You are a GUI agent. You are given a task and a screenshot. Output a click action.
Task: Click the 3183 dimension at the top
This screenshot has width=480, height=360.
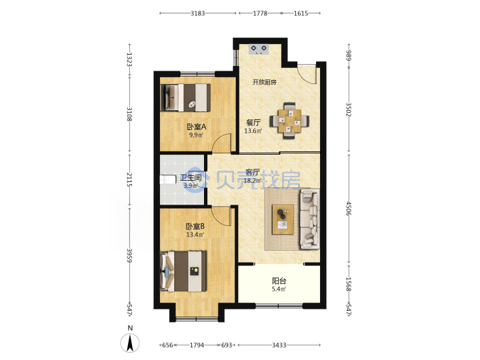[x=198, y=13]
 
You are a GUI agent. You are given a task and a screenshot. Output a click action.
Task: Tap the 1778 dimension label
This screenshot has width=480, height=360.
[x=260, y=13]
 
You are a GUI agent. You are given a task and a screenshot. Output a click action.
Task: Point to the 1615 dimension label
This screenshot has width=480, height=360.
[x=301, y=13]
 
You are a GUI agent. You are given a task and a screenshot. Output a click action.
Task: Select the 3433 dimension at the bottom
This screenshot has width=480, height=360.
[x=279, y=345]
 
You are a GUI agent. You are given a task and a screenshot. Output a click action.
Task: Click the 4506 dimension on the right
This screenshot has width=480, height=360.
[x=349, y=208]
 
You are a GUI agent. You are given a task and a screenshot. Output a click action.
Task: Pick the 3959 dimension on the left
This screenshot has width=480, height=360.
[x=129, y=255]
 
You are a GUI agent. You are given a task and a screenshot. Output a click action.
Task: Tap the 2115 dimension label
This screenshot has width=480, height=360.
[x=129, y=180]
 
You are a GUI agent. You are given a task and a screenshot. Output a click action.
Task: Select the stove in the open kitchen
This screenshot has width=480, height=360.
[x=259, y=49]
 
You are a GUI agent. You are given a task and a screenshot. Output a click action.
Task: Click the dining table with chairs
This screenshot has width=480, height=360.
[x=289, y=121]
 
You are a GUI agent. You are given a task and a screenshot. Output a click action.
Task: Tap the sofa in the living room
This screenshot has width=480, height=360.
[x=309, y=219]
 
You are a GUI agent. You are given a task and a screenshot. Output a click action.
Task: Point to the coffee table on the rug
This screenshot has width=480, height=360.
[x=283, y=219]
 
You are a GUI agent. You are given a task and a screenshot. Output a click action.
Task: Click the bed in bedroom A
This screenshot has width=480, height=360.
[x=185, y=97]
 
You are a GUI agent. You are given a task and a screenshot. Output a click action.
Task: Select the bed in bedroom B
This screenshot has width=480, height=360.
[x=184, y=271]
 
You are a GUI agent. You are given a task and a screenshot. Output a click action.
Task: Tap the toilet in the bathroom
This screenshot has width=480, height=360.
[x=168, y=179]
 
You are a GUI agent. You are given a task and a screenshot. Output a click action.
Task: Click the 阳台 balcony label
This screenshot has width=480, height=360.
[x=279, y=281]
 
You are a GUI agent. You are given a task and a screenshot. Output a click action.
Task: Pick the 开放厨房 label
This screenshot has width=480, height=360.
[x=265, y=82]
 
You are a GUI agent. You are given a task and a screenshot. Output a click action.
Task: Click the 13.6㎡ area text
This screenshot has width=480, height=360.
[x=253, y=131]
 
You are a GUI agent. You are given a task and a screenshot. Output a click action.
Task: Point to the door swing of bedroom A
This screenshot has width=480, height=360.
[x=221, y=143]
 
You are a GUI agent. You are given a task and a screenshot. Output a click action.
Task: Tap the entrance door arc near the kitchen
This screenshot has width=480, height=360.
[x=307, y=75]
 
